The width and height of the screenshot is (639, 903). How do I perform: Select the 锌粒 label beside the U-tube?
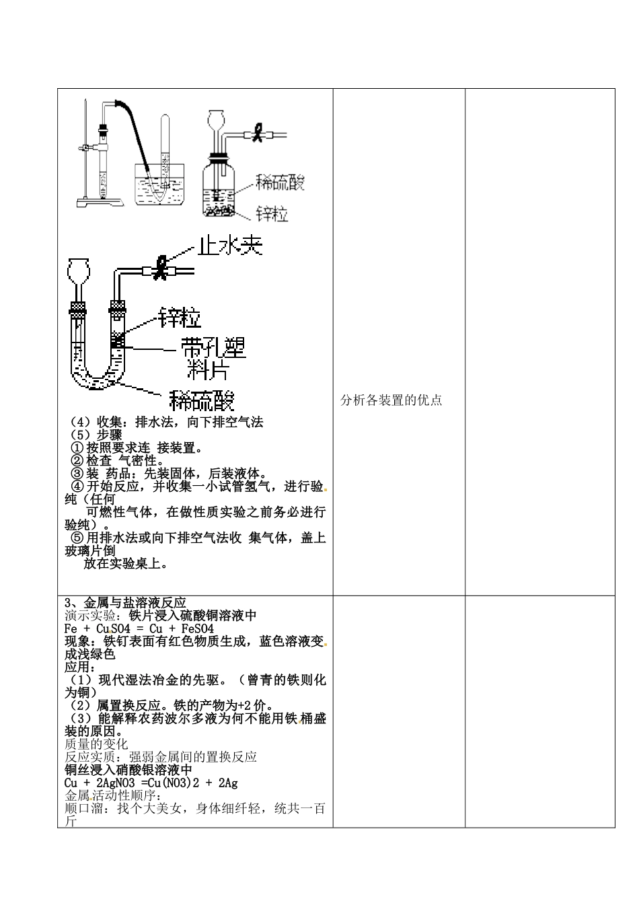tap(180, 316)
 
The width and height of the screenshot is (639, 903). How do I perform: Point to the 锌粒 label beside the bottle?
tap(272, 214)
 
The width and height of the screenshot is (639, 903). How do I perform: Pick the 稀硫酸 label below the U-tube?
tap(202, 400)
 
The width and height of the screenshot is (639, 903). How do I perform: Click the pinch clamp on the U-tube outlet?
tap(161, 268)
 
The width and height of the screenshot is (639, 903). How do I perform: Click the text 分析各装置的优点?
tap(391, 400)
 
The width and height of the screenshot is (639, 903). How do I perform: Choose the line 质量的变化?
tap(96, 744)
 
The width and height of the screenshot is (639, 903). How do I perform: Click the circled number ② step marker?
tap(77, 461)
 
